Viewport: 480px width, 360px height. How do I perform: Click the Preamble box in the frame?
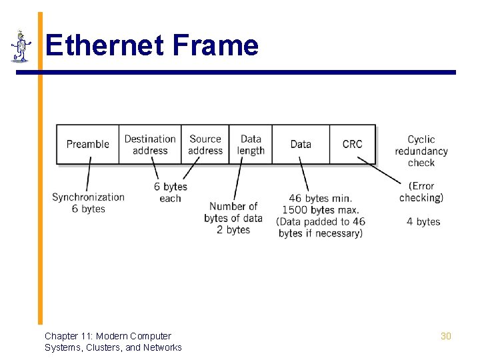click(87, 144)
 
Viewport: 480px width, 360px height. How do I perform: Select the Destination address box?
click(150, 144)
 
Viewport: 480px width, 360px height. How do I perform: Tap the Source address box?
click(205, 144)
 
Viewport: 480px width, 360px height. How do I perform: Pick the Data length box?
click(251, 144)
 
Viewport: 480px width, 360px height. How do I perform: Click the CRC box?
click(352, 144)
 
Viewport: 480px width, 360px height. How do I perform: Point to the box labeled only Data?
click(301, 144)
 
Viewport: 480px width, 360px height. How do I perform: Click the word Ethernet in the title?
click(105, 45)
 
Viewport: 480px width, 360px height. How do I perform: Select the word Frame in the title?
click(215, 45)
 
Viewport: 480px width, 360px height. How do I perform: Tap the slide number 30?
click(445, 336)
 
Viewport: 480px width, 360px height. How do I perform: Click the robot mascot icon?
click(21, 46)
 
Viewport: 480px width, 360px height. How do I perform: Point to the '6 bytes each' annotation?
click(171, 192)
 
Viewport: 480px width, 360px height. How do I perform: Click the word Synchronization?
click(88, 197)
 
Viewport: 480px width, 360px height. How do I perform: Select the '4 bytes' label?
click(423, 221)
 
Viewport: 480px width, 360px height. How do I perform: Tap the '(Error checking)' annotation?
click(421, 191)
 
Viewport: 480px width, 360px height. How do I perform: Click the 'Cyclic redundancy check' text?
click(421, 151)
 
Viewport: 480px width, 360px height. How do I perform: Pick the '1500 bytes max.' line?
click(320, 210)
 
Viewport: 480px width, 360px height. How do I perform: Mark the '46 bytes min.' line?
click(320, 198)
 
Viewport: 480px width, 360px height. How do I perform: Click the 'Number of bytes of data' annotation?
click(233, 212)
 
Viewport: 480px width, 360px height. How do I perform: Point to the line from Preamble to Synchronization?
click(88, 177)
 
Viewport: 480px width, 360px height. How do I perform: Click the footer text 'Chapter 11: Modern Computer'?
click(108, 336)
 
